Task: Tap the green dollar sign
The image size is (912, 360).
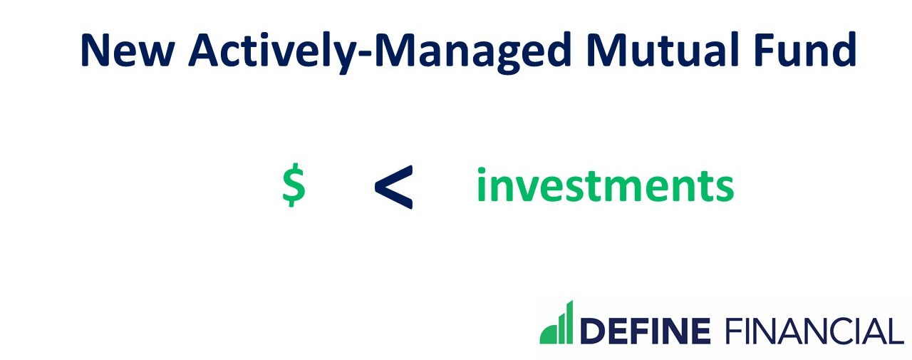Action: (x=294, y=185)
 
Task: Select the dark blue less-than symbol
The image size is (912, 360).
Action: (x=393, y=187)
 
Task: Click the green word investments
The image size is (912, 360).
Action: (x=604, y=185)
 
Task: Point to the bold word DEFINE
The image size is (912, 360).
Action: (x=646, y=331)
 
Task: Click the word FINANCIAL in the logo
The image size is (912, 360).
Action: (x=813, y=331)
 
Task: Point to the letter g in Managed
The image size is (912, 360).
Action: (x=517, y=56)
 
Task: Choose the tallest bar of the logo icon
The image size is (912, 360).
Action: (x=569, y=322)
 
